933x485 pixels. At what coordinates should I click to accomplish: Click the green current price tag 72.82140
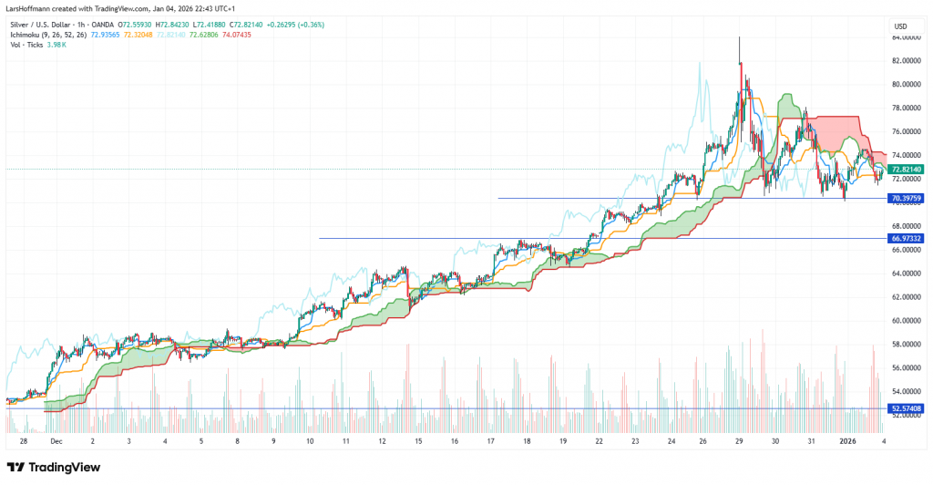(x=907, y=170)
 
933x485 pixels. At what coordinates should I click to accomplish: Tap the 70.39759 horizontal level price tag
(x=907, y=198)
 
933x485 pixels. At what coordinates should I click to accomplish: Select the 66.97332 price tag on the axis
(x=907, y=238)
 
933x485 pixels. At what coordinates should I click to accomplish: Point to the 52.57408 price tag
(x=907, y=408)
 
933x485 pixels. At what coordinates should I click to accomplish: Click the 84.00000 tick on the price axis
(x=907, y=37)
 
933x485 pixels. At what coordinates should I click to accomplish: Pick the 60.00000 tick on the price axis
(x=907, y=320)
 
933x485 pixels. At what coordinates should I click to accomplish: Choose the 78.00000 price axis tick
(x=907, y=108)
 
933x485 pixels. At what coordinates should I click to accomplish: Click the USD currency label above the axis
(x=900, y=26)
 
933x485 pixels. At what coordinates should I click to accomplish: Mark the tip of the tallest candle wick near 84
(x=739, y=37)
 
